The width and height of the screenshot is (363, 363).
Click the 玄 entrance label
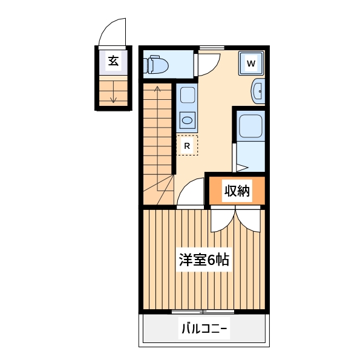[113, 60]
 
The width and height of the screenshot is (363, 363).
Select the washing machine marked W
[252, 63]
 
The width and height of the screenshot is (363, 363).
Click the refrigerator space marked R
[187, 145]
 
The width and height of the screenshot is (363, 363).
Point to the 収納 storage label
[237, 191]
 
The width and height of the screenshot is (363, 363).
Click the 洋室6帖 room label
[203, 261]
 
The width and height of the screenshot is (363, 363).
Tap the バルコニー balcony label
[203, 330]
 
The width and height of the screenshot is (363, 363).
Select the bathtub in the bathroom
[250, 126]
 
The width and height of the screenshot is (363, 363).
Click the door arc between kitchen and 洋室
[190, 194]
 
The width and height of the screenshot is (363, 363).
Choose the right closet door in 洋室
[249, 221]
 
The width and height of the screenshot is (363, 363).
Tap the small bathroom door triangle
[241, 167]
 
